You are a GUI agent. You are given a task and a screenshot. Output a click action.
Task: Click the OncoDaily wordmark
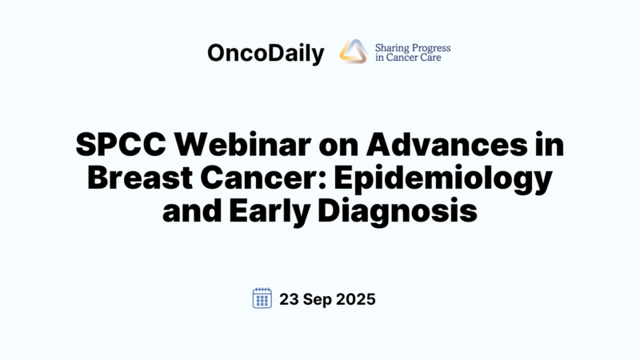click(x=265, y=54)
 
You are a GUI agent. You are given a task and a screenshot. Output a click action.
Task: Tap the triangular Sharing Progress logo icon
click(x=353, y=52)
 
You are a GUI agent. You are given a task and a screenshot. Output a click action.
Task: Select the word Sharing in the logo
click(x=393, y=47)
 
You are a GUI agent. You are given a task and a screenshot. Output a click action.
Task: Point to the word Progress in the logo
click(x=432, y=47)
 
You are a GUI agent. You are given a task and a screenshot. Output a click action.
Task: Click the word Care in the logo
click(x=437, y=58)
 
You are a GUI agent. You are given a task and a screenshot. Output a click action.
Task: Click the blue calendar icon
click(x=262, y=298)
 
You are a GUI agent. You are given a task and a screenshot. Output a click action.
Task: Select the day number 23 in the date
click(x=290, y=299)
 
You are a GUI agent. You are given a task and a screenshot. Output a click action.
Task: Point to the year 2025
click(x=356, y=299)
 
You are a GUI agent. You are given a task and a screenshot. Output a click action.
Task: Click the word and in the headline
click(x=192, y=212)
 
